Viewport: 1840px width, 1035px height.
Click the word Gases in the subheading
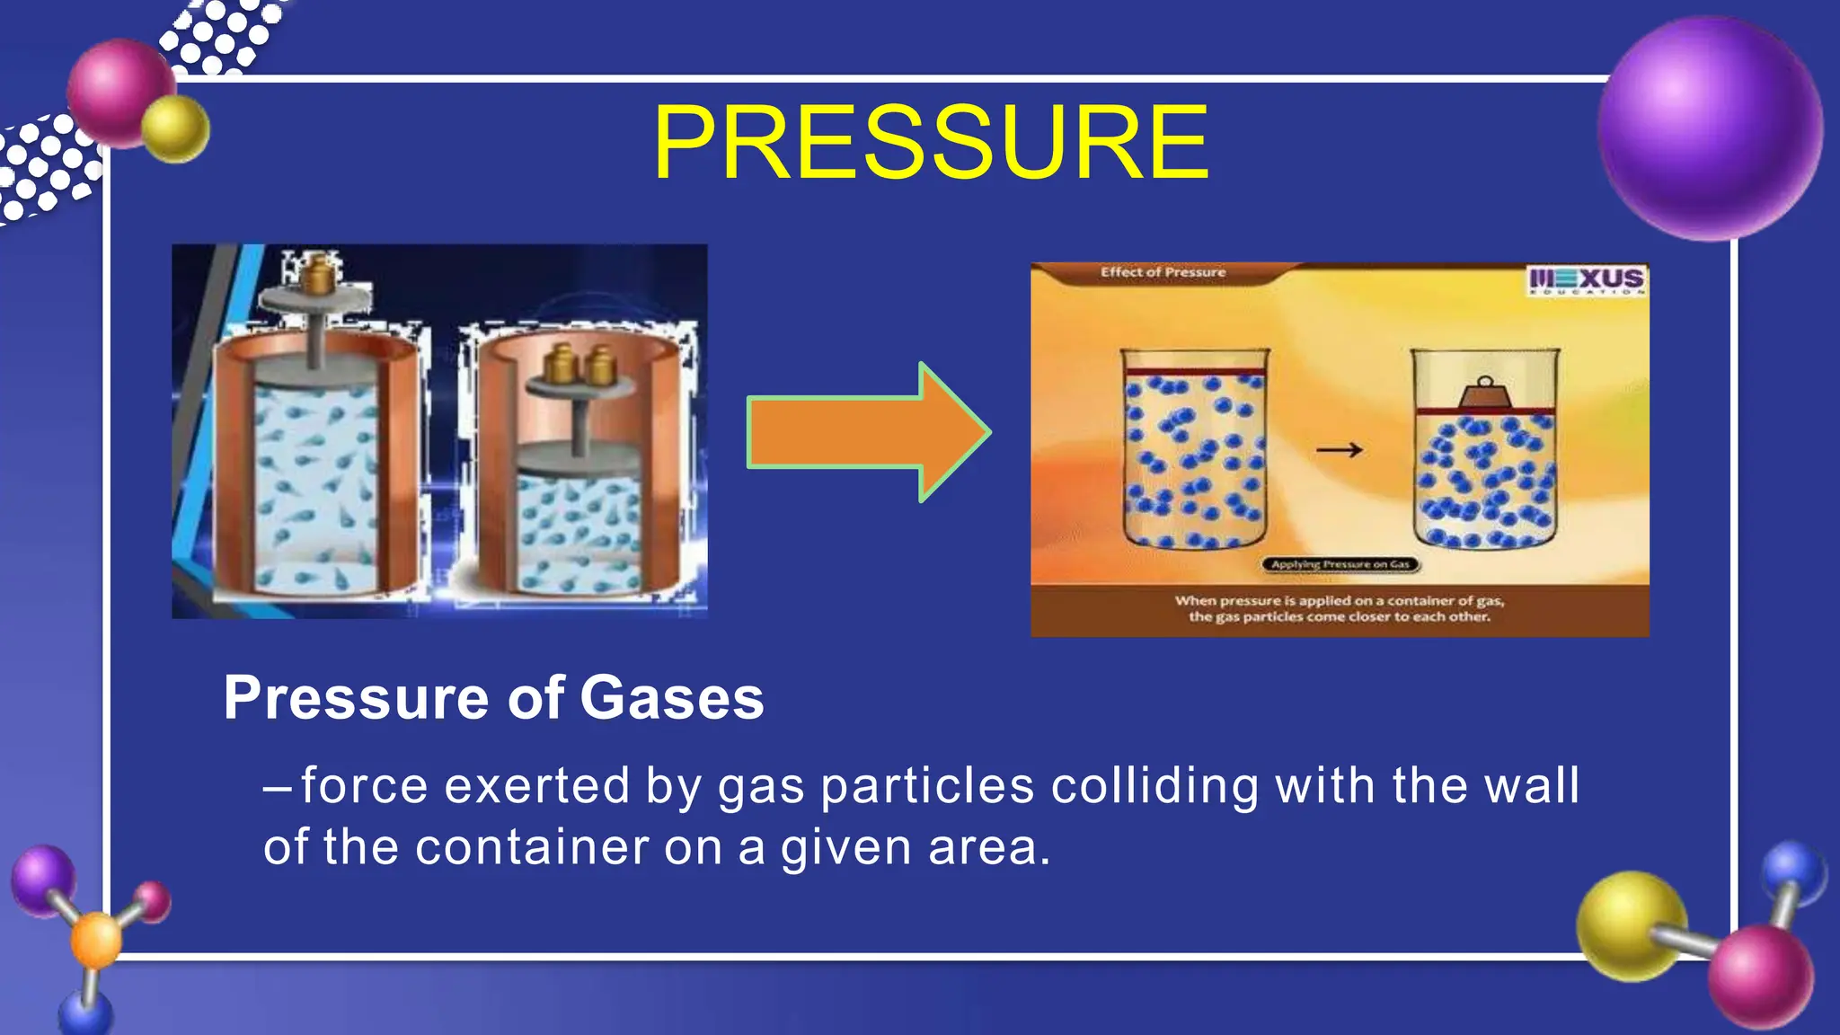pyautogui.click(x=671, y=698)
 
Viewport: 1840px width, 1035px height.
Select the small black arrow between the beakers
pyautogui.click(x=1340, y=449)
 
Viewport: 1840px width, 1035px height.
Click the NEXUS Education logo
pyautogui.click(x=1586, y=280)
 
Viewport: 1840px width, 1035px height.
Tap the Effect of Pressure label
pyautogui.click(x=1163, y=272)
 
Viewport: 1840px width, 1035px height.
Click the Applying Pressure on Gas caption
pyautogui.click(x=1340, y=564)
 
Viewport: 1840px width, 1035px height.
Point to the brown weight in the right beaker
pyautogui.click(x=1483, y=394)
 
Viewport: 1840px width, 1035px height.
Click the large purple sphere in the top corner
pyautogui.click(x=1710, y=128)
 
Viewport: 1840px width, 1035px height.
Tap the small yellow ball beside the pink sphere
pyautogui.click(x=176, y=128)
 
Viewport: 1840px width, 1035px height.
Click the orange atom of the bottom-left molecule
pyautogui.click(x=95, y=940)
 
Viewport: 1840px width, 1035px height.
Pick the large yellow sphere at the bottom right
pyautogui.click(x=1631, y=925)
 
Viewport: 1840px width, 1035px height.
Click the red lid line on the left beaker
pyautogui.click(x=1195, y=371)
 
